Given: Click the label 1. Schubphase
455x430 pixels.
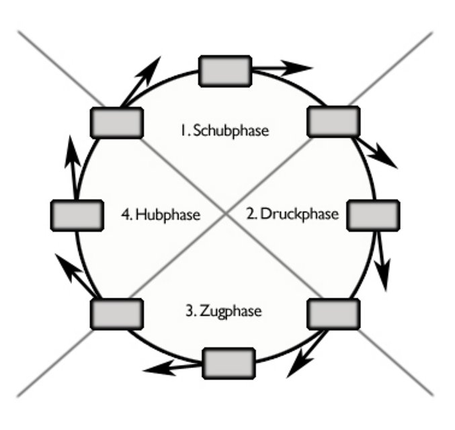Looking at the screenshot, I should (x=224, y=130).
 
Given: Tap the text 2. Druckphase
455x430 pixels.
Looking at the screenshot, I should (x=292, y=214).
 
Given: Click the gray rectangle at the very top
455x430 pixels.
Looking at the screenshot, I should (x=225, y=71).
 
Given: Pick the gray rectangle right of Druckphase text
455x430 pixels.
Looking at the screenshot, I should (x=373, y=214).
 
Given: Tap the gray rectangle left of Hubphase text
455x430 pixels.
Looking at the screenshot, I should (x=77, y=214).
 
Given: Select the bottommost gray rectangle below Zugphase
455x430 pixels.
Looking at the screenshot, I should (x=229, y=363).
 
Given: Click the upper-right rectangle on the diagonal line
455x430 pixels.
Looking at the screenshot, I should (x=333, y=121).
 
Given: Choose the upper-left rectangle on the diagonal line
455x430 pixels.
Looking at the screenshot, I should (x=116, y=122).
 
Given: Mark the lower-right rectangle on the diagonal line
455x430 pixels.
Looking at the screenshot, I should (x=333, y=313).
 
